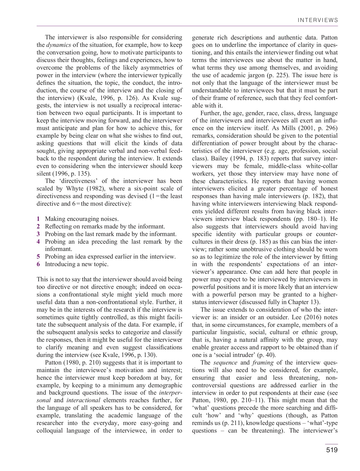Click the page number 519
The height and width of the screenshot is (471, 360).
(x=331, y=450)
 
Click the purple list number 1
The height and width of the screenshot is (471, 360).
(x=38, y=219)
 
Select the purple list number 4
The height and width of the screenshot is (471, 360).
(x=38, y=242)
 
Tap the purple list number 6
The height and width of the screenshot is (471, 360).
(x=38, y=264)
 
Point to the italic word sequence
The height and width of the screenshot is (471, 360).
(x=225, y=363)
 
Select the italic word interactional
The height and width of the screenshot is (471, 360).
(x=83, y=400)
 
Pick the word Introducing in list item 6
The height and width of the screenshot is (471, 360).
(x=60, y=264)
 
